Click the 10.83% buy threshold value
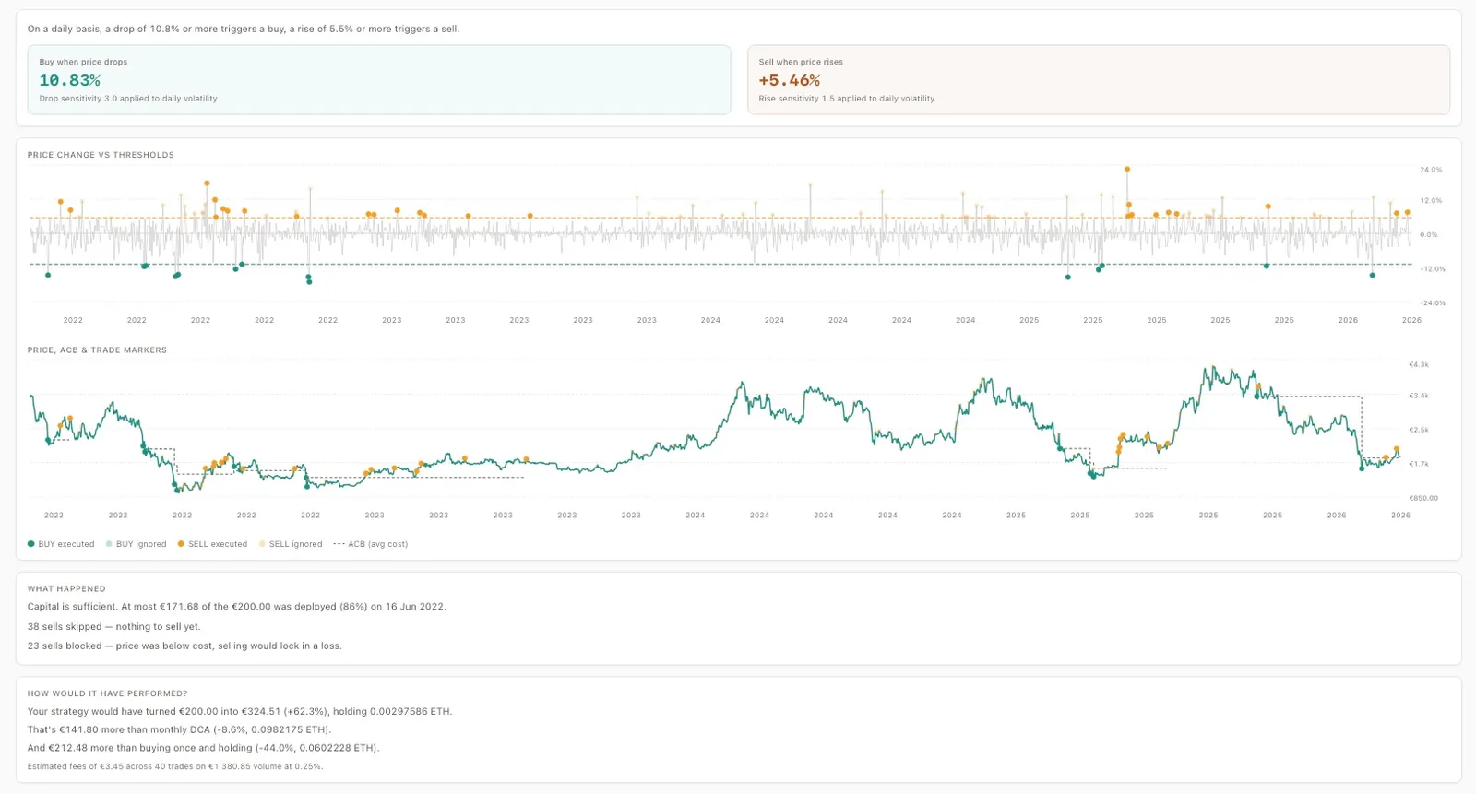(69, 80)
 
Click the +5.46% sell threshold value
(789, 80)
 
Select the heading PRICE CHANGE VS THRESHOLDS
(101, 155)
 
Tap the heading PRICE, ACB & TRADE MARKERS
(97, 350)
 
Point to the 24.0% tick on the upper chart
(1431, 170)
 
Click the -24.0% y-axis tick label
(1433, 303)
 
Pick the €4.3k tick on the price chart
(1418, 365)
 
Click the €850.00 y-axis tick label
(1423, 498)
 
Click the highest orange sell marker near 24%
(1127, 170)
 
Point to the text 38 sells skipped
(65, 627)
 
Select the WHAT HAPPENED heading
(66, 588)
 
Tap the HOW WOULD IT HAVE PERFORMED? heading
(107, 693)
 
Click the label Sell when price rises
(801, 62)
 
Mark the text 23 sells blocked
(65, 646)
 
